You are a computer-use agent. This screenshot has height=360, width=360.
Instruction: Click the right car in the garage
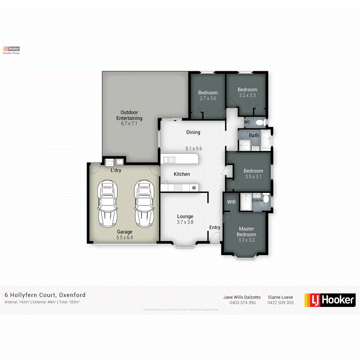(x=144, y=203)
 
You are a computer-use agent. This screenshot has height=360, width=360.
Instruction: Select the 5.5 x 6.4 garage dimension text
(x=124, y=237)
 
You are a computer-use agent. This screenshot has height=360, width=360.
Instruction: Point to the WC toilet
(x=260, y=122)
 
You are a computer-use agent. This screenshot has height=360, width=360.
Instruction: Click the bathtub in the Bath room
(x=266, y=140)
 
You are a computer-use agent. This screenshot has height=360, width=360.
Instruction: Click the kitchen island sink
(x=169, y=160)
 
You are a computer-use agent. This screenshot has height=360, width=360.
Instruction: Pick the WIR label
(x=232, y=202)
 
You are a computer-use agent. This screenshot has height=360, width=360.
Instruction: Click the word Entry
(x=215, y=228)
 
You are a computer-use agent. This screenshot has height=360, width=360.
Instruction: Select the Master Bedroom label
(x=246, y=232)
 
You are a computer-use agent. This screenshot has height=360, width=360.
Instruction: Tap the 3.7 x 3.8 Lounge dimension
(x=185, y=222)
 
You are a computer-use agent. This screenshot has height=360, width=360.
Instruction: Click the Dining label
(x=193, y=132)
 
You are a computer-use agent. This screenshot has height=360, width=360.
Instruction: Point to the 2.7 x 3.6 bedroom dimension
(x=208, y=98)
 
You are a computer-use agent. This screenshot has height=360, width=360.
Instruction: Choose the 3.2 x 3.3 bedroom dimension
(x=247, y=95)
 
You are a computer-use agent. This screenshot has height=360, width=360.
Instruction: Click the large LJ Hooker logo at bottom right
(x=330, y=300)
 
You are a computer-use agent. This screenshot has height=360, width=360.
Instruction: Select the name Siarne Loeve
(x=280, y=297)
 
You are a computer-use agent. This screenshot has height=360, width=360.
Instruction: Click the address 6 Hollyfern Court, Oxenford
(x=45, y=295)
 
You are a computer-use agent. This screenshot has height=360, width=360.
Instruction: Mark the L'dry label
(x=116, y=171)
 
